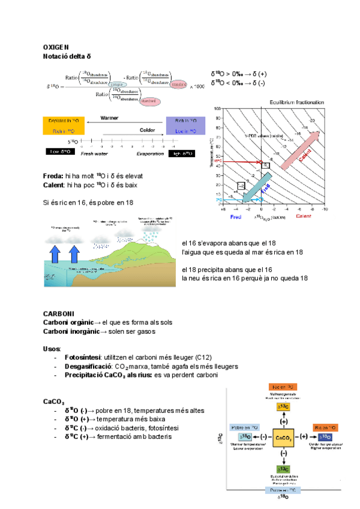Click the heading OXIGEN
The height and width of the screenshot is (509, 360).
(56, 47)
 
